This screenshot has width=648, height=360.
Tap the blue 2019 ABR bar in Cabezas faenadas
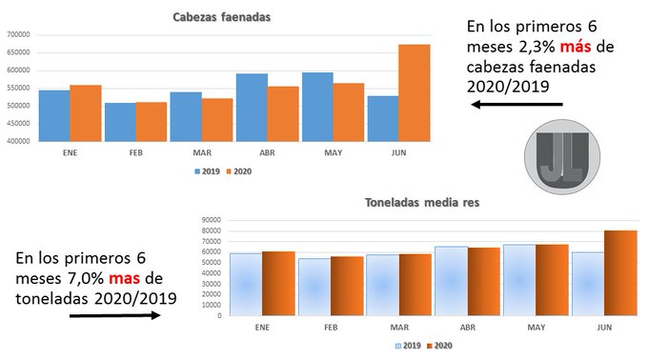click(x=252, y=107)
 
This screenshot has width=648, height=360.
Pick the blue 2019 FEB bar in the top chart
click(x=120, y=121)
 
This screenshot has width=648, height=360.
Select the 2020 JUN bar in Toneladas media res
click(x=619, y=272)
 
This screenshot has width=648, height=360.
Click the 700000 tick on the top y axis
click(x=19, y=34)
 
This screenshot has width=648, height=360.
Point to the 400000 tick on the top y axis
click(x=19, y=141)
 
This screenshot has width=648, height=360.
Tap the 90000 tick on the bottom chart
click(x=211, y=221)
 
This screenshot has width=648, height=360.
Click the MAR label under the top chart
click(x=202, y=152)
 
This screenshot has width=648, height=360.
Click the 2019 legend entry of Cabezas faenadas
click(x=207, y=171)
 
